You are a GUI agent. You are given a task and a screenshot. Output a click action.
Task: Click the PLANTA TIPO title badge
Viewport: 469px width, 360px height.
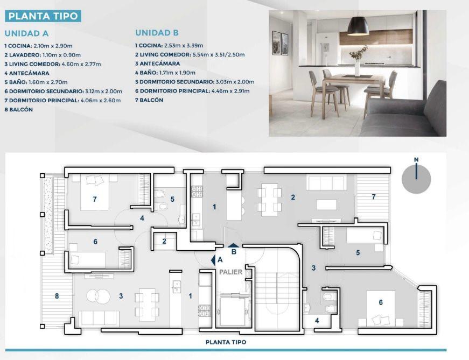point(43,16)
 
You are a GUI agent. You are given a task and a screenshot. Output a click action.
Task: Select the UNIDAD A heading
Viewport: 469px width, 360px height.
point(26,33)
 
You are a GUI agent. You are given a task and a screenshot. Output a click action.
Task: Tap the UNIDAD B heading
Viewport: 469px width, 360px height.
point(157,33)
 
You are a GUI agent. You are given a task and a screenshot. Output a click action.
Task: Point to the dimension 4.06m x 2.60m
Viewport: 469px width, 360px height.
point(101,101)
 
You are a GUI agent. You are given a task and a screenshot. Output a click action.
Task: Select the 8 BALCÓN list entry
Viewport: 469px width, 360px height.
point(18,109)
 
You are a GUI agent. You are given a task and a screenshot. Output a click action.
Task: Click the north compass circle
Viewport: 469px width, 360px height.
point(416,179)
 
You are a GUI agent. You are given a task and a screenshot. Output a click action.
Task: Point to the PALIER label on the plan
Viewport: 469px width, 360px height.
point(230,272)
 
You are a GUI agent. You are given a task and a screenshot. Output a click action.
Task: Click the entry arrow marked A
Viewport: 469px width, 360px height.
point(213,260)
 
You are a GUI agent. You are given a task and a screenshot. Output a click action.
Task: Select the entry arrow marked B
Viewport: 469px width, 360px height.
point(234,246)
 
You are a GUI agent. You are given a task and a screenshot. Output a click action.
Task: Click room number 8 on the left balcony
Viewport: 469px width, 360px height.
point(57,296)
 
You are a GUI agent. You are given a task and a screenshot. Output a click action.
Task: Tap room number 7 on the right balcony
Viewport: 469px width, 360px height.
point(374,197)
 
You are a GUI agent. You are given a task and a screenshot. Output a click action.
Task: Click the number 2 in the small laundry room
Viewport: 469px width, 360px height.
point(164,241)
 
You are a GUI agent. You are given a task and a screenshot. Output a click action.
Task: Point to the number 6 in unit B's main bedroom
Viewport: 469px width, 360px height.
point(381,302)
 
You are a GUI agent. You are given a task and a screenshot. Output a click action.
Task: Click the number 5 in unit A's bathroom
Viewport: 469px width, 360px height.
point(172,199)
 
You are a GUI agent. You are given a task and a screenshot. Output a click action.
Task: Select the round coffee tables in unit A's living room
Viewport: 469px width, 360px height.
point(98,296)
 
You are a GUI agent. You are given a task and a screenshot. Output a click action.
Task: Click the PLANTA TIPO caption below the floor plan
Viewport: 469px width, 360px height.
point(226,342)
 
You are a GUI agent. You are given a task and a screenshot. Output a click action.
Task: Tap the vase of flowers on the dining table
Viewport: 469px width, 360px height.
point(358,61)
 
